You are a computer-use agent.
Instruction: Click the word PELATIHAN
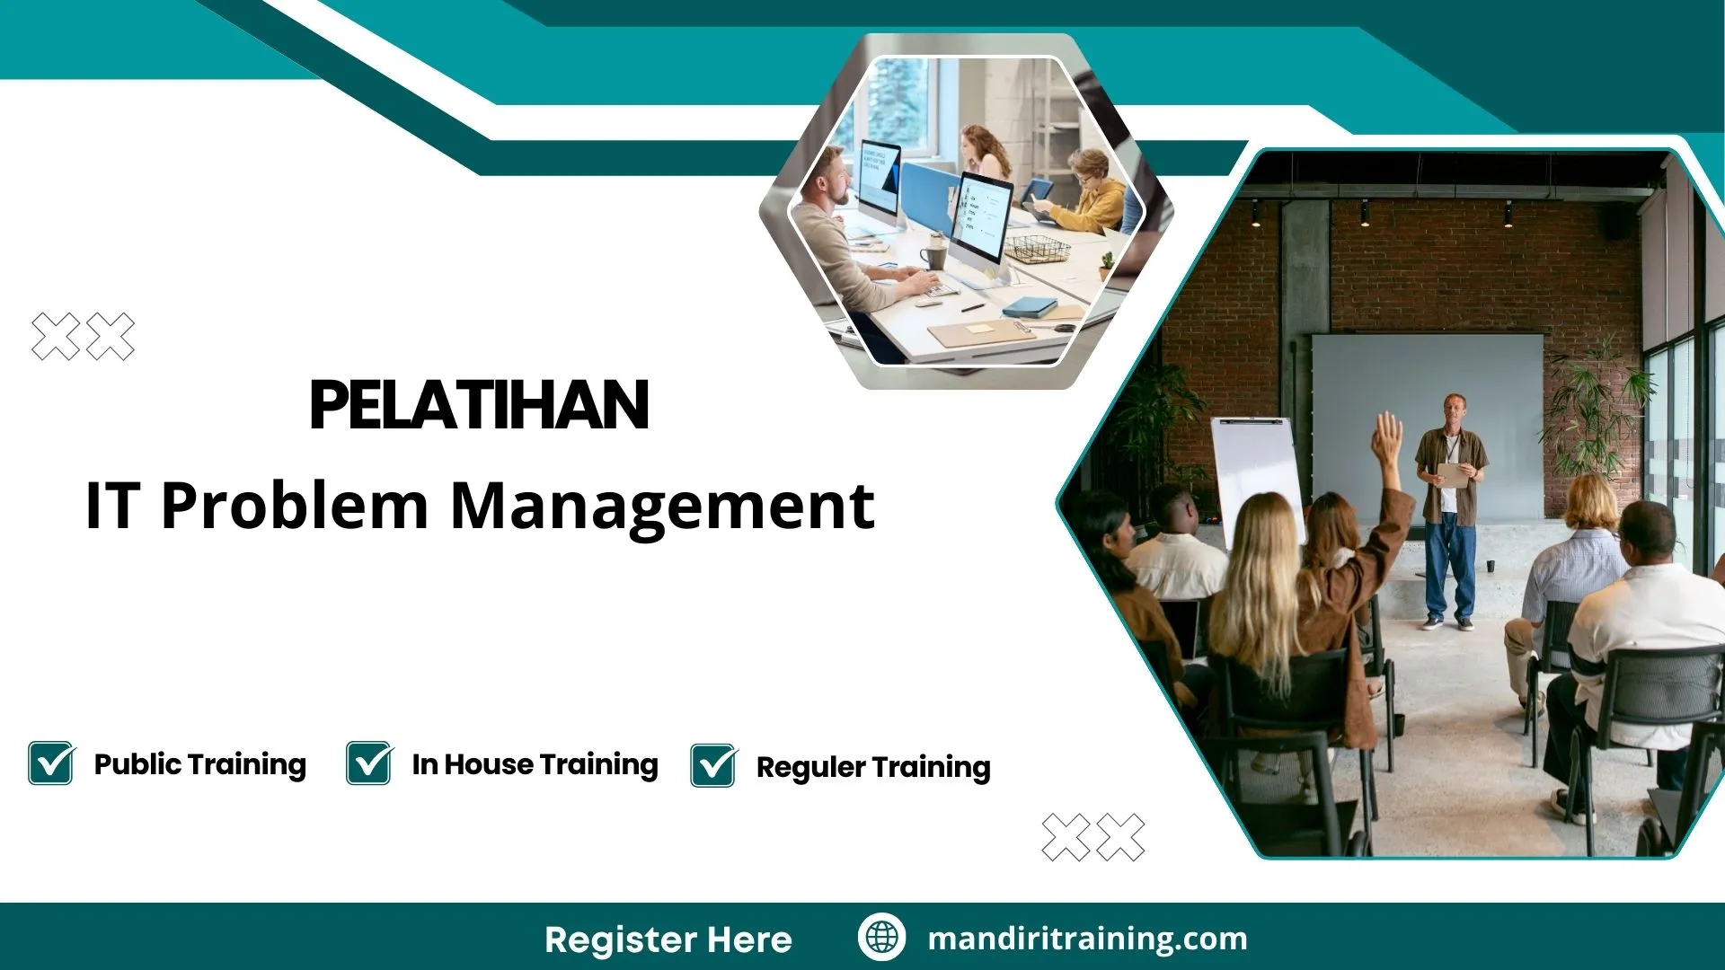(x=479, y=405)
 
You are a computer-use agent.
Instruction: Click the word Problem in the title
(x=295, y=506)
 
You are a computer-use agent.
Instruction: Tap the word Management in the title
(x=662, y=506)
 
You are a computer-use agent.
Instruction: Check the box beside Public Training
(x=51, y=763)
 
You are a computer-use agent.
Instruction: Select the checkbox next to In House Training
(x=369, y=763)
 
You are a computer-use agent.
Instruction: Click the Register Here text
(x=668, y=939)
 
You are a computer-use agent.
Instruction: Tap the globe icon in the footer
(x=881, y=938)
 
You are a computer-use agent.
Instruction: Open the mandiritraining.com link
(x=1087, y=939)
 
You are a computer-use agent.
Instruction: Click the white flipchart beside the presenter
(x=1255, y=476)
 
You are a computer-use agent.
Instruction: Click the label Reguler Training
(x=873, y=767)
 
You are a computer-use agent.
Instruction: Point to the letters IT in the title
(x=112, y=506)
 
